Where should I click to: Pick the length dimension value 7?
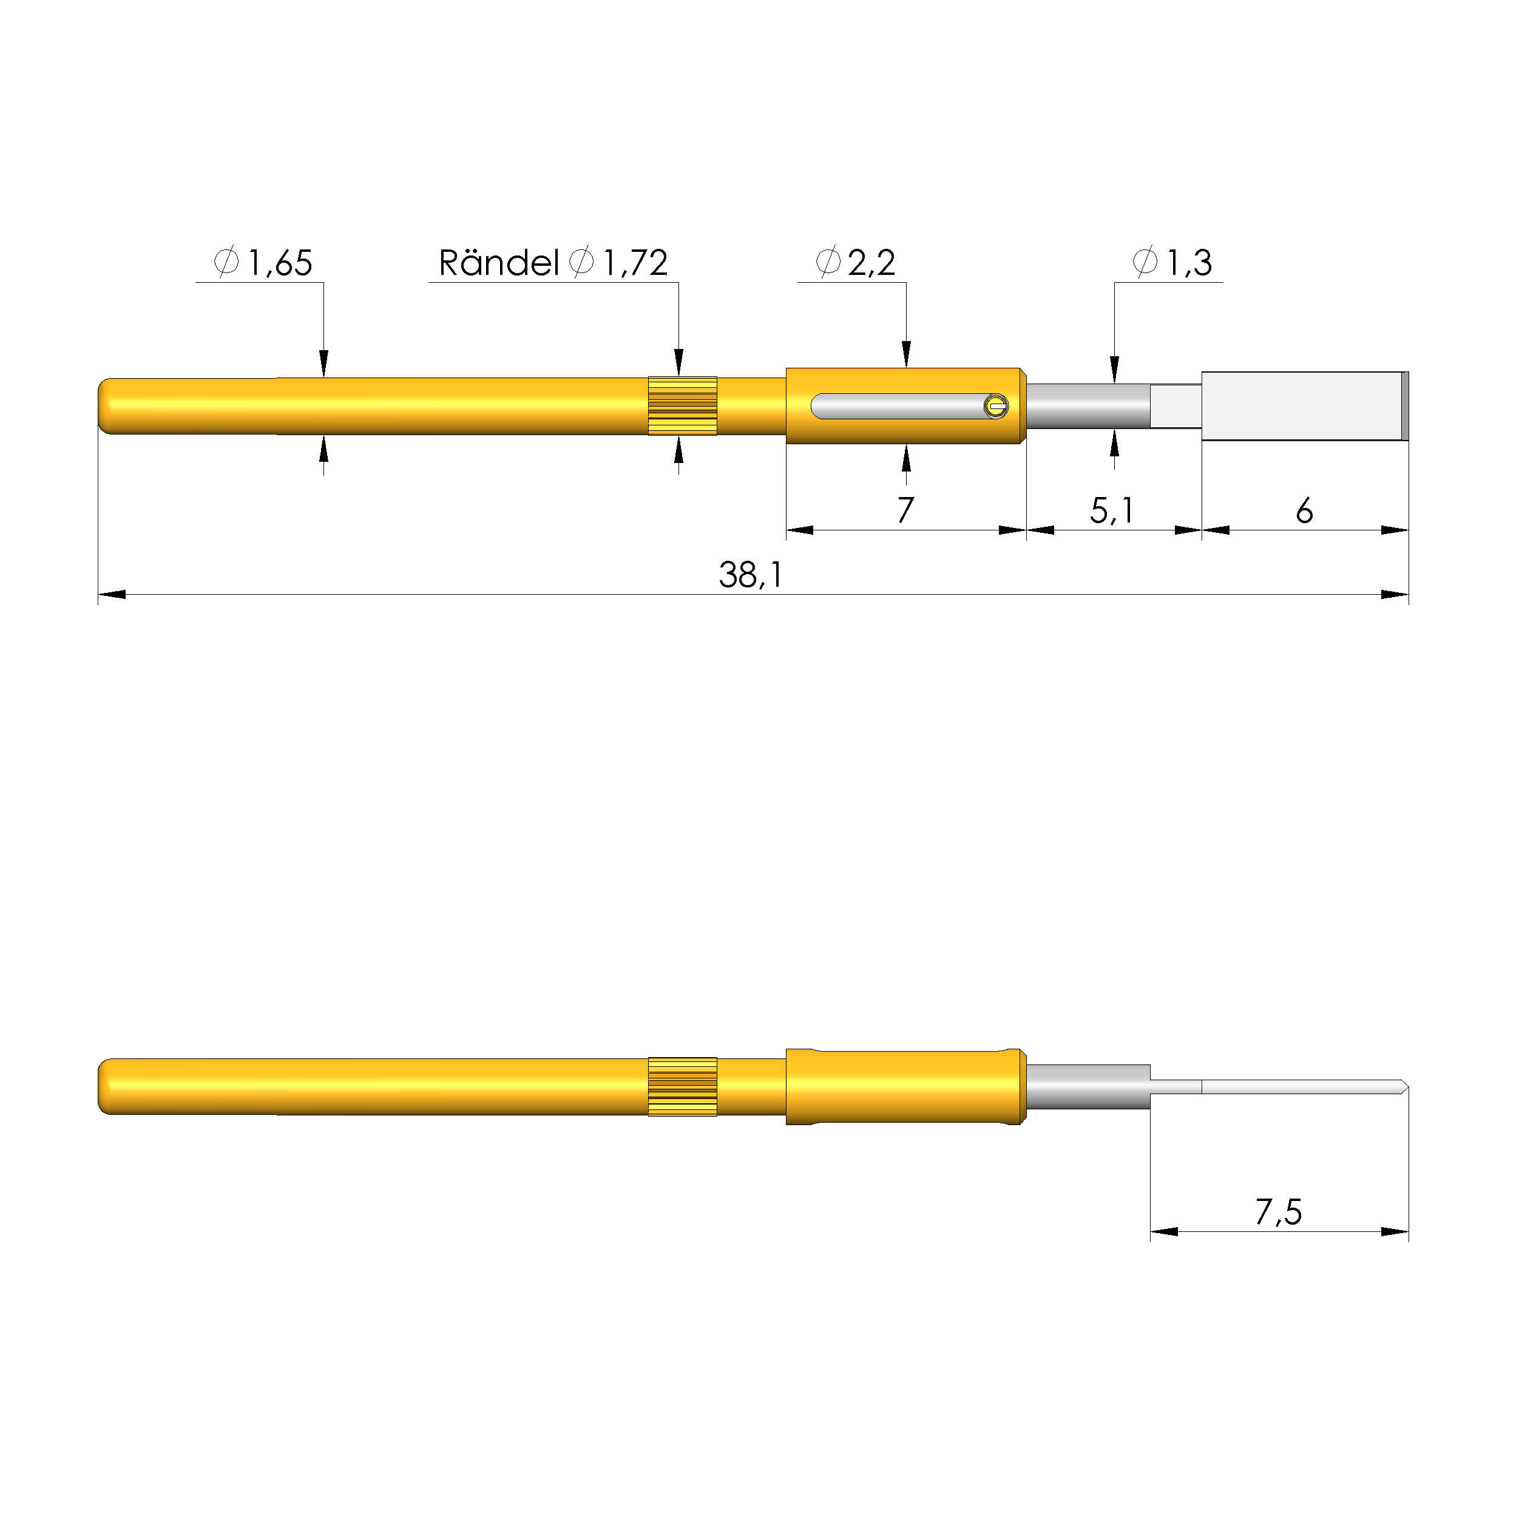[x=905, y=510]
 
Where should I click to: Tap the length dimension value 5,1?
[x=1112, y=511]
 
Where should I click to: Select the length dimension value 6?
[x=1304, y=511]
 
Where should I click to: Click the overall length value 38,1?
[x=751, y=575]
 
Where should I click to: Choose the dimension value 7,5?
[x=1279, y=1211]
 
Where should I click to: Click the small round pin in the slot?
[x=996, y=406]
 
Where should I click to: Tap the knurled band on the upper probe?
[x=683, y=406]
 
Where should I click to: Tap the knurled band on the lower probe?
[x=683, y=1086]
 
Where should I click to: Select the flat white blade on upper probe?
[x=1301, y=406]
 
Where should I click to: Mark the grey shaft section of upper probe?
[x=1088, y=406]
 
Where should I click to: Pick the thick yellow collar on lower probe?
[x=905, y=1086]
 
